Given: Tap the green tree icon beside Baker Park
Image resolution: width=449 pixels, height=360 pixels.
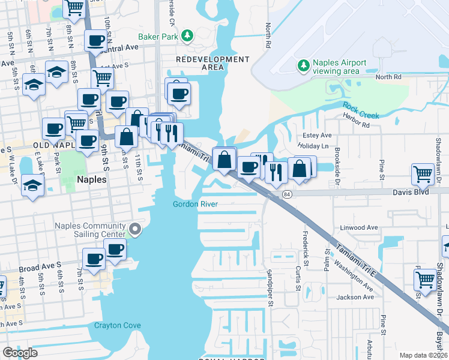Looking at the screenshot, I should (187, 36).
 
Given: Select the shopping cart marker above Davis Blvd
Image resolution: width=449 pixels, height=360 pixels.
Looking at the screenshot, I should (423, 174).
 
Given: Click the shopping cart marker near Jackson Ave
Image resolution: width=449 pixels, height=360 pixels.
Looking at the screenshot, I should (425, 278).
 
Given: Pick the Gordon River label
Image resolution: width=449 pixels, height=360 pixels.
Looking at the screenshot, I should (194, 204).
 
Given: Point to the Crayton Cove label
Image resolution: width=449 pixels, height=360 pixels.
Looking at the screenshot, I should (118, 326).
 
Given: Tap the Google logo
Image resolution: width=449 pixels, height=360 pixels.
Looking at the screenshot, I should (20, 352).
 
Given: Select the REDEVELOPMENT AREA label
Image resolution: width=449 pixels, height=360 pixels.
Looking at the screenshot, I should (212, 64).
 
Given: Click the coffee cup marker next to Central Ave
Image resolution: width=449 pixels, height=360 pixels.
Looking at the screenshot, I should (95, 41).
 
